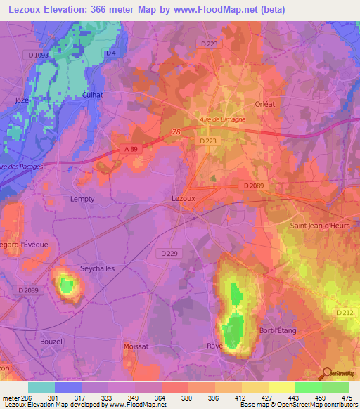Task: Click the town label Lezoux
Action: (x=184, y=199)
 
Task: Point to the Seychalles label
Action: (x=98, y=268)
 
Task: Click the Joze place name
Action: (x=22, y=100)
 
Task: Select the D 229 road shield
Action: (x=169, y=253)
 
